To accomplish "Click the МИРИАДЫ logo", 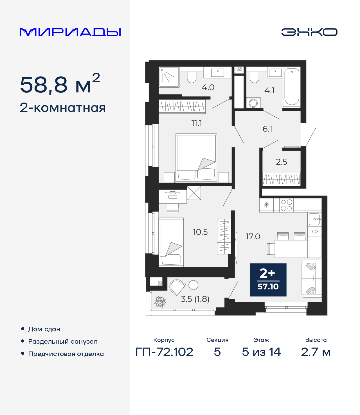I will point(70,32).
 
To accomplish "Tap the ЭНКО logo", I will point(309,32).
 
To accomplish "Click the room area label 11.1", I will point(197,123).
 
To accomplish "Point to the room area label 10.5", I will point(200,232).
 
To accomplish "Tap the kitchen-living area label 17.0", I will point(253,237).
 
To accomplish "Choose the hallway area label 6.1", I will point(267,129).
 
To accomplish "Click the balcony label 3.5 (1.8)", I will point(195,299).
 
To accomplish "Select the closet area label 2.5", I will point(281,162).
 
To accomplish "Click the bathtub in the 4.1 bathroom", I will point(292,87).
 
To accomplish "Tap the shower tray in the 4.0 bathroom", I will point(169,77).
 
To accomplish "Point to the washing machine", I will point(253,103).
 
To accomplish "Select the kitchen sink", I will point(314,219).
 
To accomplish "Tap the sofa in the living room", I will point(311,278).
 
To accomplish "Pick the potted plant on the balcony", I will point(160,302).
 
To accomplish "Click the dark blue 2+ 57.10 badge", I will point(268,280).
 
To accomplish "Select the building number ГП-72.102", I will point(164,352).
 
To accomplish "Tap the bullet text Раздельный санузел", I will point(63,341).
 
